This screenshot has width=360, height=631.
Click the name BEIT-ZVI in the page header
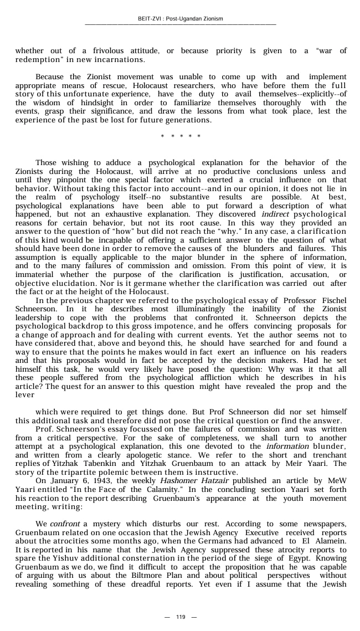pos(149,19)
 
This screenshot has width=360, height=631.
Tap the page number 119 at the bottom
pos(181,617)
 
